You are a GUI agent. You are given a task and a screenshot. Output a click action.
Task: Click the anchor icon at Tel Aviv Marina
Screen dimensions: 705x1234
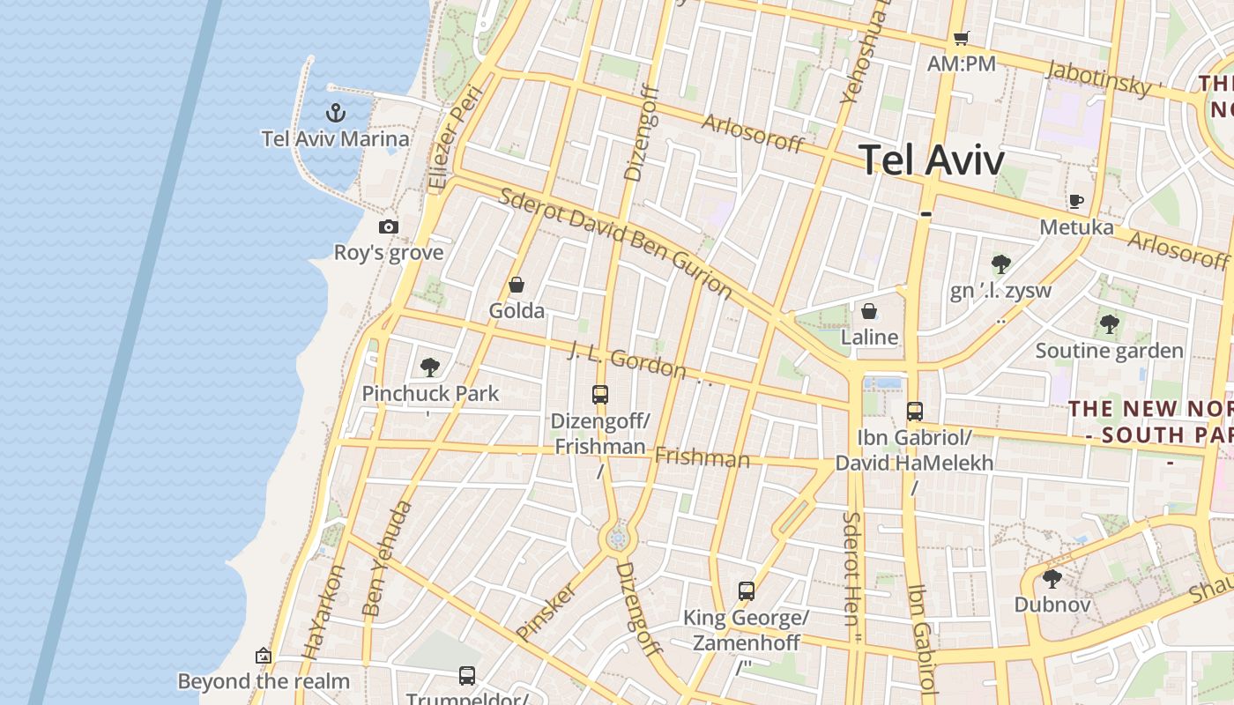point(335,112)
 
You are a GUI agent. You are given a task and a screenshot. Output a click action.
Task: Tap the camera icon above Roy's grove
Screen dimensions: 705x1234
point(389,226)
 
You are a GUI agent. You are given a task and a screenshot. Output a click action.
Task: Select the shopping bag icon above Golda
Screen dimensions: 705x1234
point(517,285)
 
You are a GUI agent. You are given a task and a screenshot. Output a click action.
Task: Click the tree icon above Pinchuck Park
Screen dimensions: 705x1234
point(430,367)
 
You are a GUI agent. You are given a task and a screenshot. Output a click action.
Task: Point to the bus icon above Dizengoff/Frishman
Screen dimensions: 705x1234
point(600,394)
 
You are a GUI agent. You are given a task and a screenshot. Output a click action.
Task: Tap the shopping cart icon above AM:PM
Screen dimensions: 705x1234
point(961,38)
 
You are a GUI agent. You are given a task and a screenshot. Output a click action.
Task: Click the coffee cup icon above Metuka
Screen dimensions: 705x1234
point(1075,201)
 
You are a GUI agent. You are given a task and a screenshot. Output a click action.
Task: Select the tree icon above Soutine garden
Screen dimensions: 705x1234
point(1109,324)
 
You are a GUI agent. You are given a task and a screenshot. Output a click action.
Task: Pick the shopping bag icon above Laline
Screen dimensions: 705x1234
point(869,311)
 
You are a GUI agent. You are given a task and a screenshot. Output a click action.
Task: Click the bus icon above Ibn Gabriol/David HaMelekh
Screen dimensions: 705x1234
point(915,411)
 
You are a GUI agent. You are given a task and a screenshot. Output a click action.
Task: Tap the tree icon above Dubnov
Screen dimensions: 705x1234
point(1052,579)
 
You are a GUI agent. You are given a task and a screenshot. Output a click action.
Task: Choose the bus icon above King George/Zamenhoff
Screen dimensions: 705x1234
point(747,590)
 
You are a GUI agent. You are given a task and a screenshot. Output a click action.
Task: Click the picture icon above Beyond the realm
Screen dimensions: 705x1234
point(263,656)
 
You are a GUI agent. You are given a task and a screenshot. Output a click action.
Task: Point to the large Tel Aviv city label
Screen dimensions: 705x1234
point(932,160)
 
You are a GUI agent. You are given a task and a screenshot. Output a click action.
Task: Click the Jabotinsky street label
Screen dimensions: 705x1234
point(1099,78)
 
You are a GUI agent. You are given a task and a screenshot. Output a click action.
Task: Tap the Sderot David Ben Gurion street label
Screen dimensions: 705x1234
point(614,242)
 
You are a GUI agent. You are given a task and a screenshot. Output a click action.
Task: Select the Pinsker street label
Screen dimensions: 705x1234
point(546,611)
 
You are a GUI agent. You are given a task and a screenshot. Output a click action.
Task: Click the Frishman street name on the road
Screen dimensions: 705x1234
point(702,457)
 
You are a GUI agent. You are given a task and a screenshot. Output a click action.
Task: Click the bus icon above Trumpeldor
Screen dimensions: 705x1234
point(467,676)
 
